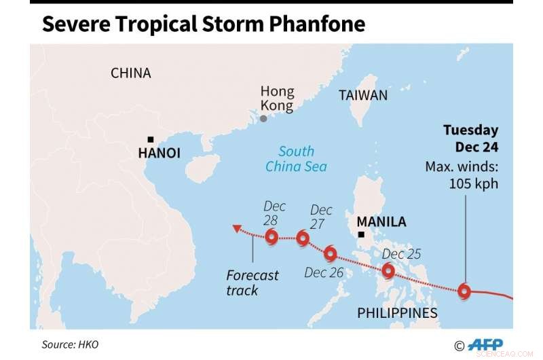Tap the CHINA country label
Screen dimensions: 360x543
click(131, 73)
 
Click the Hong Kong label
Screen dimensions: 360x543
click(278, 99)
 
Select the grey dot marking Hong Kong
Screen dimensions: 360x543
click(263, 119)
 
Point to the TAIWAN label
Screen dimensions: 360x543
click(363, 96)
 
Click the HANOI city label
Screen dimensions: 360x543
click(159, 154)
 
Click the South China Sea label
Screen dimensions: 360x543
click(296, 159)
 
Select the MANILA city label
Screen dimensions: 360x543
click(381, 222)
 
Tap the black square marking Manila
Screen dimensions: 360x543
click(361, 235)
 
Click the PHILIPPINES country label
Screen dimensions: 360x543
click(398, 313)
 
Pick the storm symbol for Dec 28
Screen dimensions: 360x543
click(271, 237)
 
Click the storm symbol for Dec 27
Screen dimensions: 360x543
click(303, 238)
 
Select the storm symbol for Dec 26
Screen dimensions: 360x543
click(331, 254)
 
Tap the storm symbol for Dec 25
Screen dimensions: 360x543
click(388, 271)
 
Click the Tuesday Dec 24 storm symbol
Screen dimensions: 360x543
click(464, 291)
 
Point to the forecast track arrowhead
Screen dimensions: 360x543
click(235, 229)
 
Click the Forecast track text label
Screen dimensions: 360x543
click(252, 283)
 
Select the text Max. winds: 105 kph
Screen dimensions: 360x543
click(462, 175)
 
